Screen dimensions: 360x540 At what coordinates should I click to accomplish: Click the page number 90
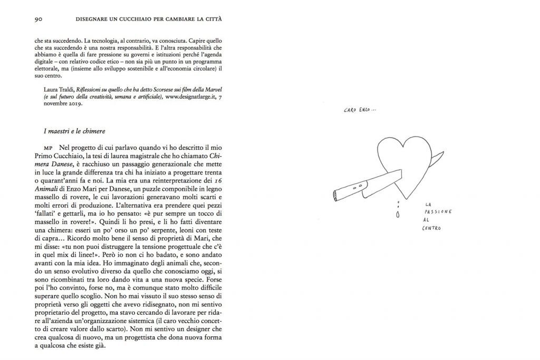click(x=38, y=20)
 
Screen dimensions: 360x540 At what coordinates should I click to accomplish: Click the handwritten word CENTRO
click(x=431, y=229)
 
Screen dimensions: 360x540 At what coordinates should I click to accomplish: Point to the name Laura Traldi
click(x=58, y=89)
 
